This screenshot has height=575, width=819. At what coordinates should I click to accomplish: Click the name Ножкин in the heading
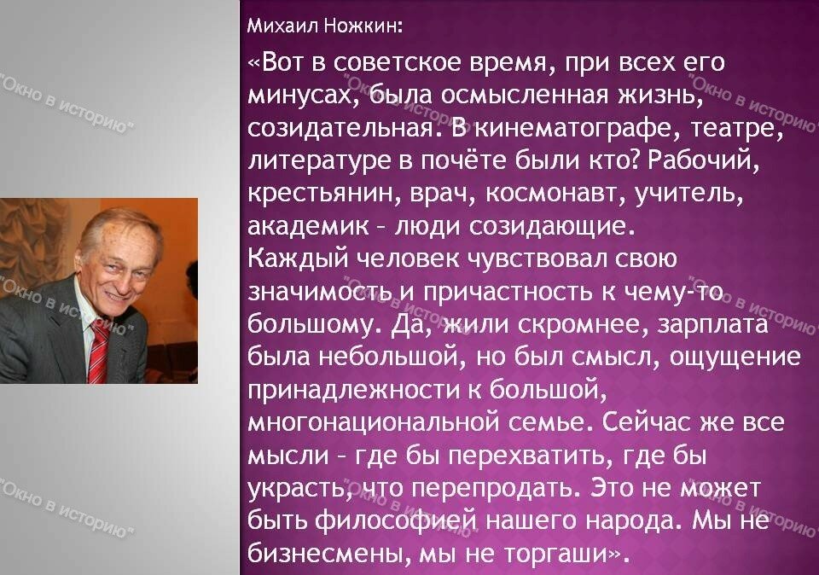point(363,26)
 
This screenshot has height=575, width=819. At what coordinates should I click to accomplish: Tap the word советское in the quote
point(398,62)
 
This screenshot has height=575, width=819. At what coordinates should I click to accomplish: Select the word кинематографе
point(578,130)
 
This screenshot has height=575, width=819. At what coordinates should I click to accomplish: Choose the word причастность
point(508,293)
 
